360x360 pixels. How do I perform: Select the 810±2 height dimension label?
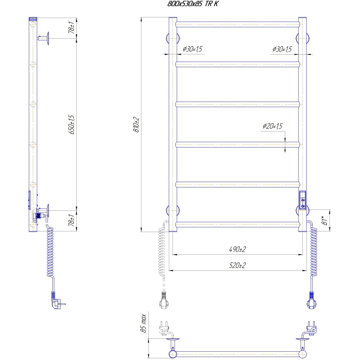[x=136, y=124]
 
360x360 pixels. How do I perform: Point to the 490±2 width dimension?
[x=237, y=249]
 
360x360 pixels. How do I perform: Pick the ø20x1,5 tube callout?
[x=272, y=126]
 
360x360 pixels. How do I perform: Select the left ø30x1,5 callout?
[x=192, y=49]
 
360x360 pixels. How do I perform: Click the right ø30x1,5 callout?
[x=282, y=49]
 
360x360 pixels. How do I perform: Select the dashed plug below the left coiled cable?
[x=163, y=301]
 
